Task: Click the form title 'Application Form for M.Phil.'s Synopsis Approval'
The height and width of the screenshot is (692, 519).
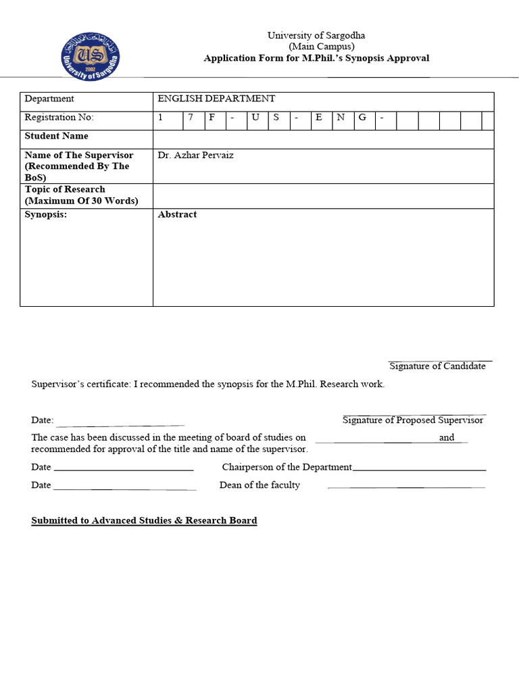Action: tap(316, 58)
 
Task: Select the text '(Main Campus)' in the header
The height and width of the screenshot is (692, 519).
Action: tap(322, 47)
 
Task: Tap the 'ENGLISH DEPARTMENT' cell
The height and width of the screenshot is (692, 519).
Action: tap(216, 99)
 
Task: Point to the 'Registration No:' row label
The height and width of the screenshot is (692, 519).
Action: tap(59, 118)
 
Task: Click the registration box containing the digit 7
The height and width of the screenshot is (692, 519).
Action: tap(191, 118)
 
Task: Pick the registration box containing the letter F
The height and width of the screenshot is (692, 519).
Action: tap(212, 118)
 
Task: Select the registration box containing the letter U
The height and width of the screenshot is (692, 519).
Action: tap(255, 118)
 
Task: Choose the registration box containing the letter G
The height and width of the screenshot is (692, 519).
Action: tap(362, 118)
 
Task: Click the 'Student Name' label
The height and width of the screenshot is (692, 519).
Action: tap(57, 137)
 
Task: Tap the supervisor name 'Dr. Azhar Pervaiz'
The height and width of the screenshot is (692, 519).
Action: tap(195, 155)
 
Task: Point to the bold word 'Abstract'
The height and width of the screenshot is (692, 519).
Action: tap(177, 215)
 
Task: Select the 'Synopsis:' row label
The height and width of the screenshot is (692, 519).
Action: tap(46, 215)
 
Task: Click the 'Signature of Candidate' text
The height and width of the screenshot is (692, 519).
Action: tap(437, 366)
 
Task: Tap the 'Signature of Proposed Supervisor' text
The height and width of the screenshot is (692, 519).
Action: tap(413, 420)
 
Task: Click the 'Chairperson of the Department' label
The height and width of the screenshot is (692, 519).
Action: tap(287, 467)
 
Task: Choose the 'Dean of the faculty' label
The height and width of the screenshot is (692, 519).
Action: tap(259, 485)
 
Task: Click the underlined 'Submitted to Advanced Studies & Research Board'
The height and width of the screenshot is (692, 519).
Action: tap(144, 520)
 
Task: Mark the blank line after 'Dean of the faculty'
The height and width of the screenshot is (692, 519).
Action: tap(406, 487)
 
